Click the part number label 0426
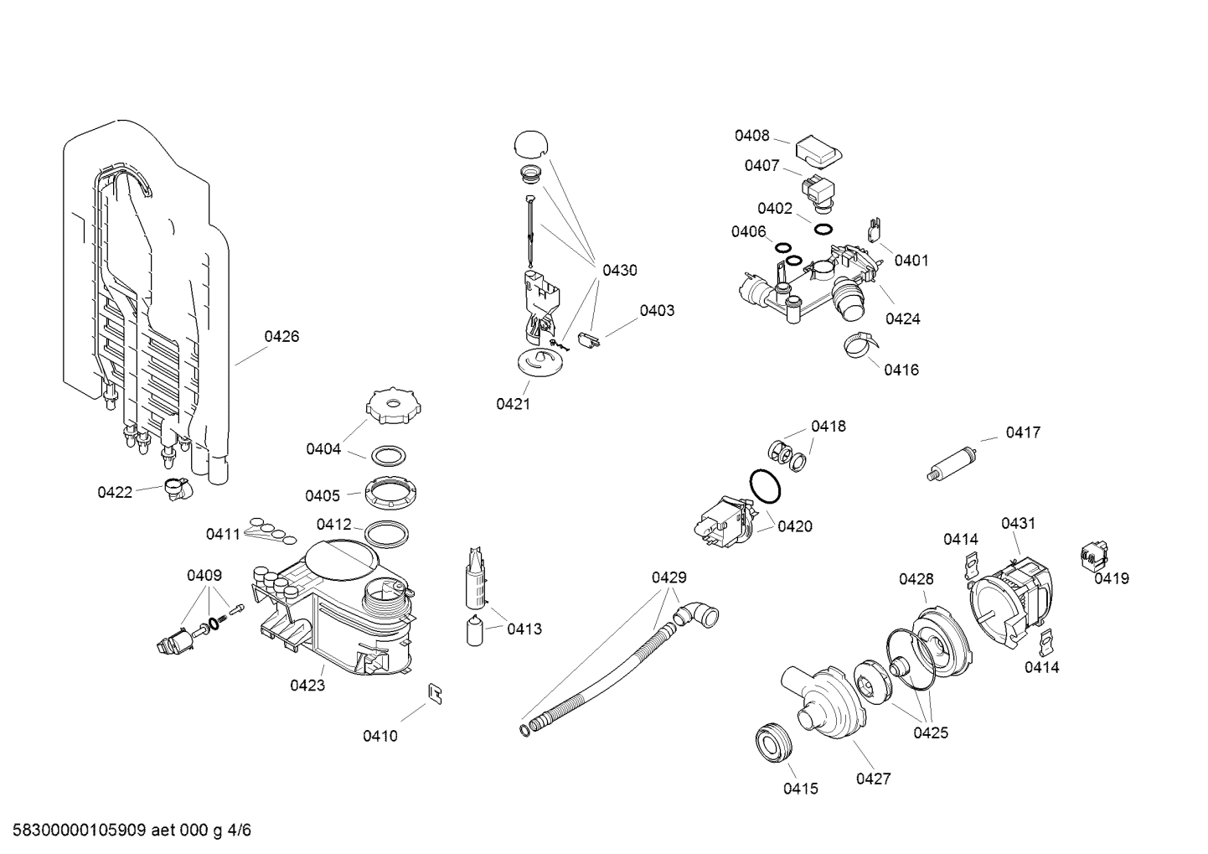pos(281,337)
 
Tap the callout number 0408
pos(751,136)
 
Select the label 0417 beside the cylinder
pos(1023,432)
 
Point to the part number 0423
pos(307,686)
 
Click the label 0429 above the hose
pos(669,577)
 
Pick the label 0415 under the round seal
pos(800,789)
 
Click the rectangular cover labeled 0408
pos(819,152)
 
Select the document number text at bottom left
pos(126,831)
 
